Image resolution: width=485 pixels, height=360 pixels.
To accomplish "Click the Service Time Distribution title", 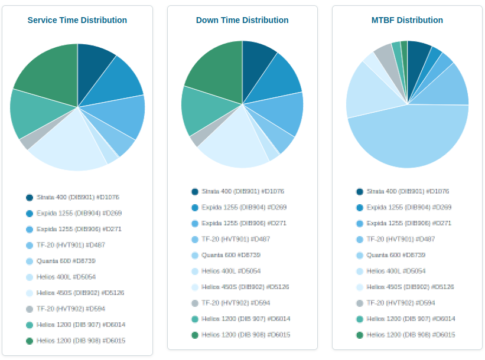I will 77,20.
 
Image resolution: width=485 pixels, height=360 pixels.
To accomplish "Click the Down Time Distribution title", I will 242,20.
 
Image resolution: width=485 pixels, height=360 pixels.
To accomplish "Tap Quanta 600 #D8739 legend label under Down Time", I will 231,255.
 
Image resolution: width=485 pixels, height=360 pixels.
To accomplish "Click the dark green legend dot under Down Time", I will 195,335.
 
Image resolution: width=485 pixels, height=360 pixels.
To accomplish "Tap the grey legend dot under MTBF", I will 360,303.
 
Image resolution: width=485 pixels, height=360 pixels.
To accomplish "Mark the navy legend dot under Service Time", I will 30,197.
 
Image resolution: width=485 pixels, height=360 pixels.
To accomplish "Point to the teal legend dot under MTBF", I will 360,319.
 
